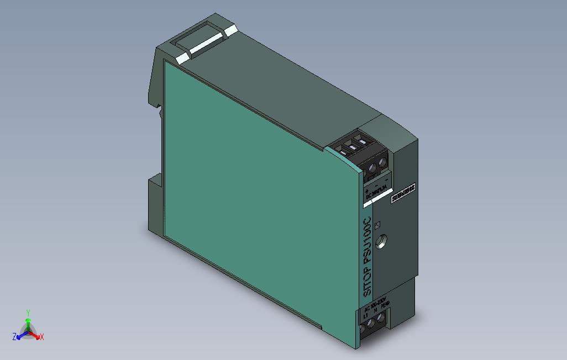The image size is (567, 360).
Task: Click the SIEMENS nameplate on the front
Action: pos(403,194)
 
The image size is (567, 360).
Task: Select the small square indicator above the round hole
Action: pos(379,225)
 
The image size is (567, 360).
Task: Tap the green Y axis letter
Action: pos(28,312)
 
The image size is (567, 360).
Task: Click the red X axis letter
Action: pos(42,336)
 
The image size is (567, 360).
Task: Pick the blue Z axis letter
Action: pos(14,336)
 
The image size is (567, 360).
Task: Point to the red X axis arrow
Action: pos(36,334)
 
